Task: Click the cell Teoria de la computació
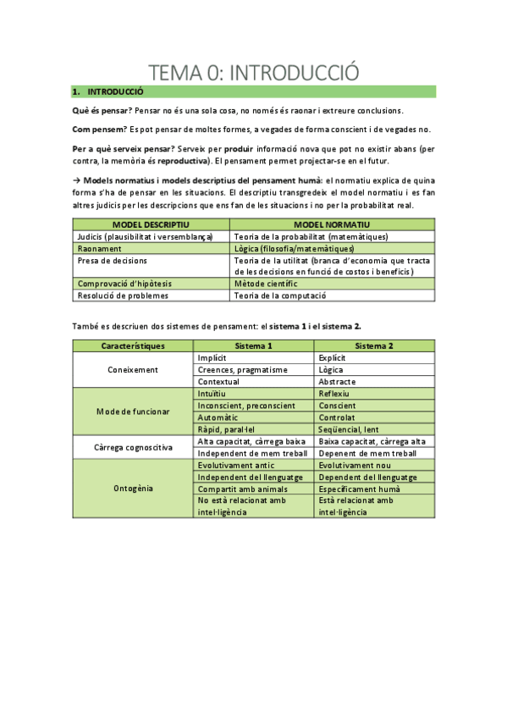click(281, 295)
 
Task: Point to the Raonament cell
click(100, 249)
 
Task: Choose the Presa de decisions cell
click(113, 261)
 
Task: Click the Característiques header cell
click(133, 346)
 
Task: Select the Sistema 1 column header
click(253, 346)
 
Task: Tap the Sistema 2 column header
click(374, 346)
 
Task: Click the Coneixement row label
click(133, 370)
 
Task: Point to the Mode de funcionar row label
click(133, 411)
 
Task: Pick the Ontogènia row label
click(133, 489)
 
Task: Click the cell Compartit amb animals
click(236, 489)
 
